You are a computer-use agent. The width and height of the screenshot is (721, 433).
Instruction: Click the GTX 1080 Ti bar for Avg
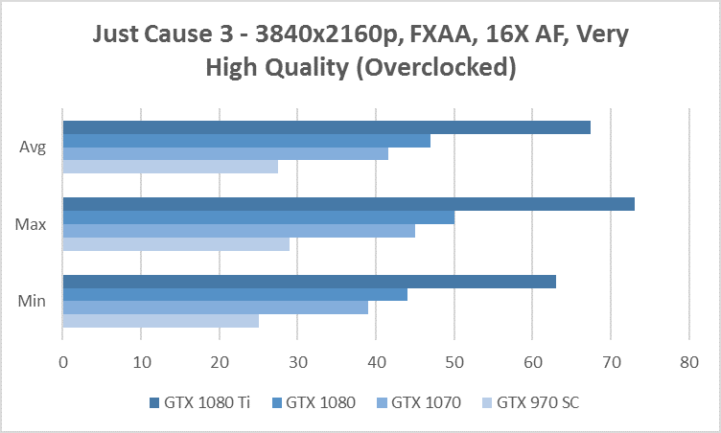pyautogui.click(x=326, y=127)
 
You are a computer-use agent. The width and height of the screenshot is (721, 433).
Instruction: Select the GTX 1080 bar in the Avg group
pyautogui.click(x=246, y=141)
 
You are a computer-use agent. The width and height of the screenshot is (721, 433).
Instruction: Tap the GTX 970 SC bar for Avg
pyautogui.click(x=170, y=167)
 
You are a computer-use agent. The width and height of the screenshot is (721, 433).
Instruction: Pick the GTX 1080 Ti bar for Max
pyautogui.click(x=348, y=204)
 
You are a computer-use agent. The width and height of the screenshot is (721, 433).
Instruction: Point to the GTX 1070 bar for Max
pyautogui.click(x=239, y=230)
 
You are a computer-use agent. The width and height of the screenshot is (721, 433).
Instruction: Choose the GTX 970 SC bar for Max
pyautogui.click(x=175, y=243)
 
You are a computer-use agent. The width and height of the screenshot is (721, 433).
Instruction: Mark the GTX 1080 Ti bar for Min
pyautogui.click(x=309, y=282)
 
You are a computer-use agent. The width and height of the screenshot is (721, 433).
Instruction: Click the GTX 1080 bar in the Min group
pyautogui.click(x=235, y=294)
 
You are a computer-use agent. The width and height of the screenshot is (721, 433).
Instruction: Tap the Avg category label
pyautogui.click(x=32, y=148)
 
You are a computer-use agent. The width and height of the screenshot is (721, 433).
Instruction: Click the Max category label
pyautogui.click(x=31, y=224)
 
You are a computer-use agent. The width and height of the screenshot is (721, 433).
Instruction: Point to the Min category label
pyautogui.click(x=31, y=302)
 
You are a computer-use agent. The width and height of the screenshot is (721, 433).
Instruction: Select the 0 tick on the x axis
pyautogui.click(x=62, y=362)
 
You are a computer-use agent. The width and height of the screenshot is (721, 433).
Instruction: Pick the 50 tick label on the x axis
pyautogui.click(x=454, y=362)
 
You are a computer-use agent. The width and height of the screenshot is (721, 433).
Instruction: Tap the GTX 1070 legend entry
pyautogui.click(x=420, y=403)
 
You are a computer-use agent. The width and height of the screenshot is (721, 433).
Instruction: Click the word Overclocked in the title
pyautogui.click(x=448, y=68)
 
